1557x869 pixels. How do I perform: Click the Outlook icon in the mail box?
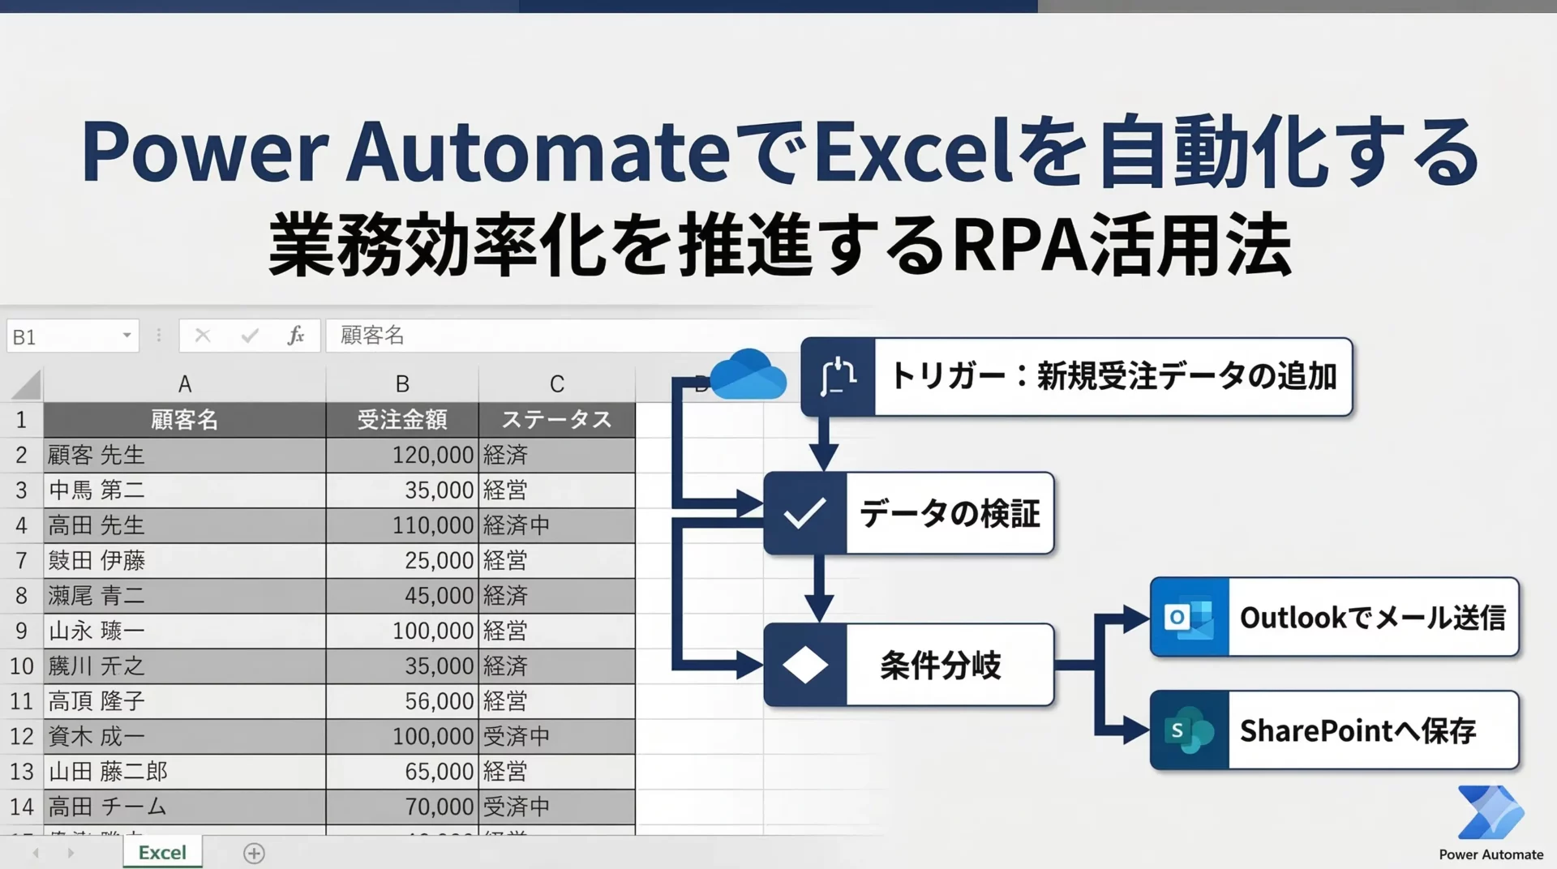pyautogui.click(x=1189, y=618)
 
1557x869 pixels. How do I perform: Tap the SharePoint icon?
pyautogui.click(x=1189, y=730)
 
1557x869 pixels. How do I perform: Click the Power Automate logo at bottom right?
pyautogui.click(x=1491, y=813)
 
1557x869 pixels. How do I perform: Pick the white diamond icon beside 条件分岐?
pyautogui.click(x=804, y=666)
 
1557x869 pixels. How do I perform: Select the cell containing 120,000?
pyautogui.click(x=402, y=455)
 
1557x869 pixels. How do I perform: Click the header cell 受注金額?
pyautogui.click(x=402, y=420)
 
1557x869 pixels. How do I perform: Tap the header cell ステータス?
pyautogui.click(x=556, y=420)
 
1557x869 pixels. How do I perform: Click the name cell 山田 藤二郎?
pyautogui.click(x=185, y=771)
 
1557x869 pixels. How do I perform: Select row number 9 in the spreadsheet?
pyautogui.click(x=21, y=631)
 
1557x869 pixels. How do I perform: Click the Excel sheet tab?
pyautogui.click(x=162, y=852)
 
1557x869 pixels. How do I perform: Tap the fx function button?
pyautogui.click(x=296, y=336)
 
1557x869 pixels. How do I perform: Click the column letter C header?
pyautogui.click(x=556, y=383)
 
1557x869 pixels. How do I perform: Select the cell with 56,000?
pyautogui.click(x=402, y=701)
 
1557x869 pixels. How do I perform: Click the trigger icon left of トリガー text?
pyautogui.click(x=838, y=377)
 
